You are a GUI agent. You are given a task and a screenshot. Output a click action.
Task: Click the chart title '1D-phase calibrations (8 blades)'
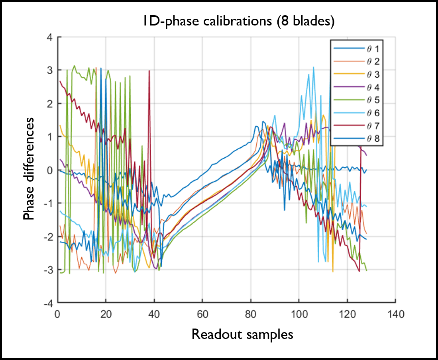tap(238, 22)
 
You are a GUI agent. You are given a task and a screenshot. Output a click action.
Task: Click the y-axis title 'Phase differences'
tap(29, 169)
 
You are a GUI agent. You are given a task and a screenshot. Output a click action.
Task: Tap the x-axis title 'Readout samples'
tap(242, 334)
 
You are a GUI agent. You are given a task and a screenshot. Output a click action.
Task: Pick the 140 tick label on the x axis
tap(395, 314)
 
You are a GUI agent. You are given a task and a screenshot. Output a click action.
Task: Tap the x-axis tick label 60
tap(202, 314)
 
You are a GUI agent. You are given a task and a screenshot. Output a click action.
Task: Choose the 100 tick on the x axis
tap(299, 314)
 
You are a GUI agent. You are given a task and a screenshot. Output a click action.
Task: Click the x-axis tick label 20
tap(106, 314)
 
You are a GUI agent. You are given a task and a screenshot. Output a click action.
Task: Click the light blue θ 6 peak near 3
tap(314, 68)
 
